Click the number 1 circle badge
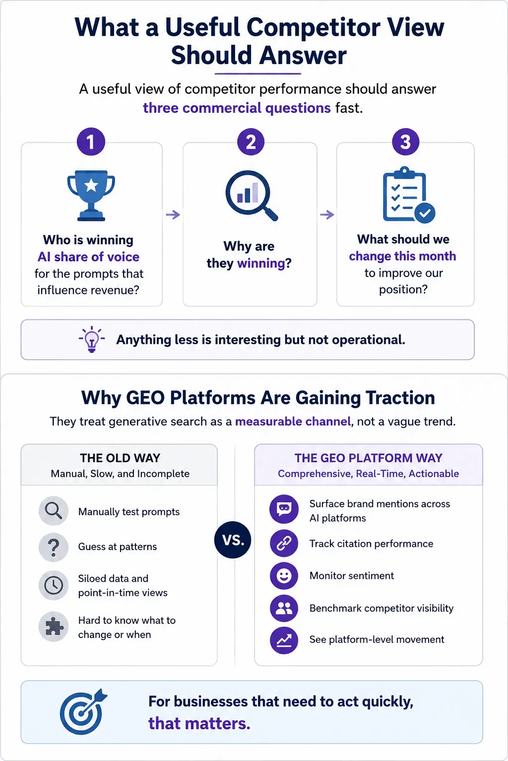91,142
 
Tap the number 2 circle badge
251,142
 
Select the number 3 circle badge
406,142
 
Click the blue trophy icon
91,195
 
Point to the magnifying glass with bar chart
252,195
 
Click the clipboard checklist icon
409,195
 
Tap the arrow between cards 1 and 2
173,215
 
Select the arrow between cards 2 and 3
327,215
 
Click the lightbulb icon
91,339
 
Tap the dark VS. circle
233,540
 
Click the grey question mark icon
54,547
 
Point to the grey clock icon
54,585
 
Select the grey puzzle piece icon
54,627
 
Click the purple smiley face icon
284,576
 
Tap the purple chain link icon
284,543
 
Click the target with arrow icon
83,711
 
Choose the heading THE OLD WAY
120,458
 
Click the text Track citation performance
371,544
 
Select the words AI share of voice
88,257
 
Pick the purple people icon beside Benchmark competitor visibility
284,608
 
